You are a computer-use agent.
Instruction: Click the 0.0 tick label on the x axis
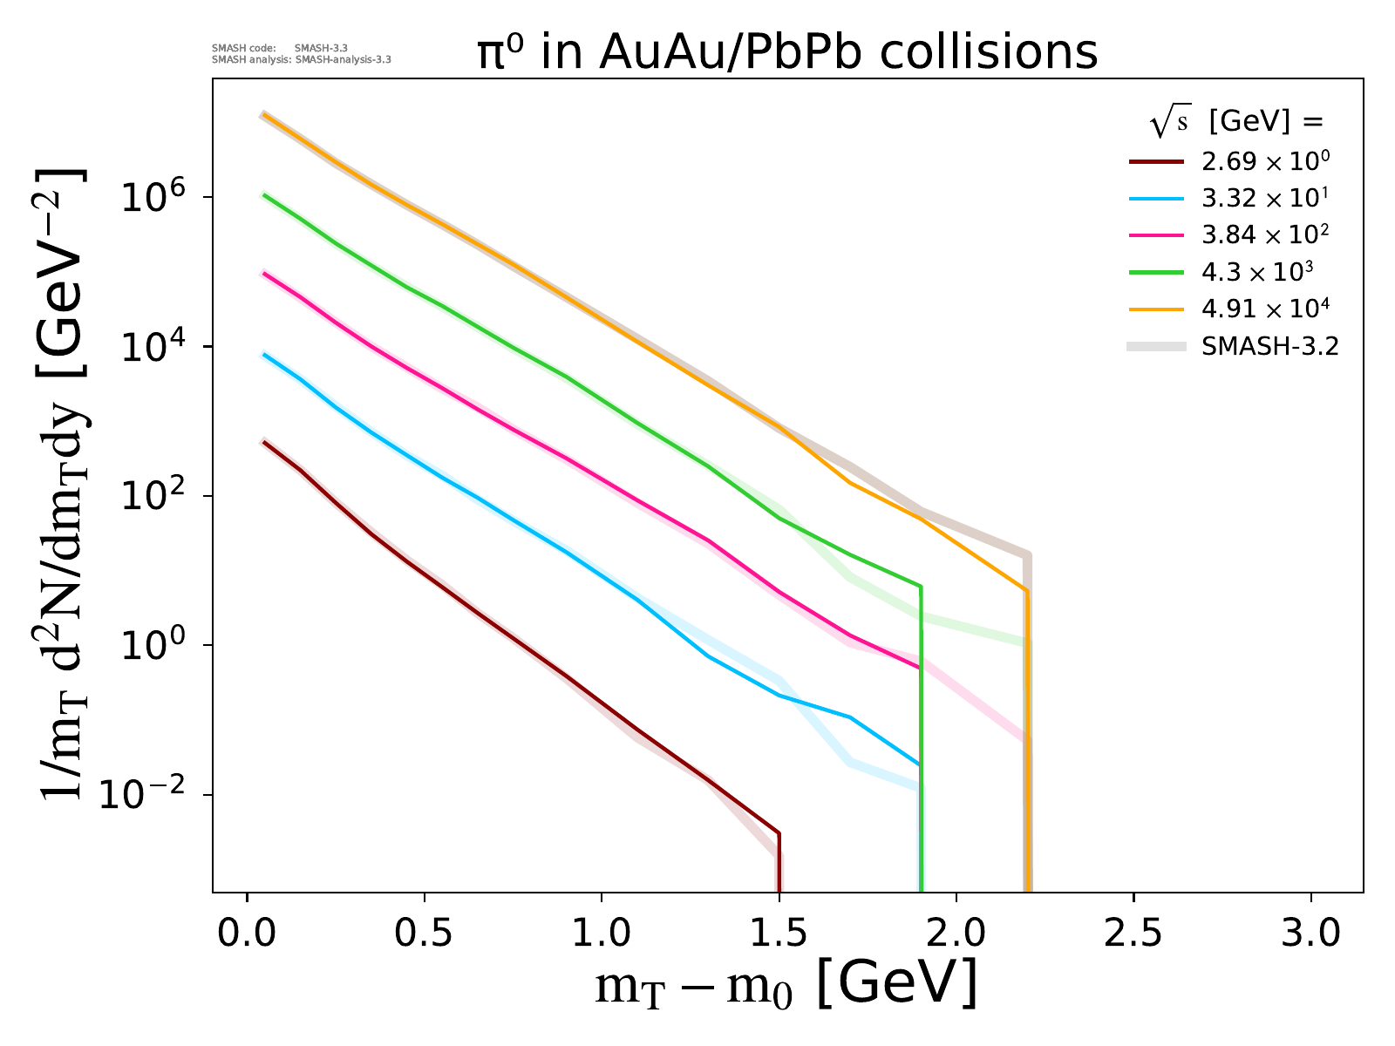[248, 934]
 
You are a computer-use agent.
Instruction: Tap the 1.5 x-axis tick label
[779, 934]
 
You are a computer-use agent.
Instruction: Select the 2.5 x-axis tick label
[1133, 934]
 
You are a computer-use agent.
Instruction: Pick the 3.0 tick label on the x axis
[1310, 934]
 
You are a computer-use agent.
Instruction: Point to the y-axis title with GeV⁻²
[65, 484]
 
